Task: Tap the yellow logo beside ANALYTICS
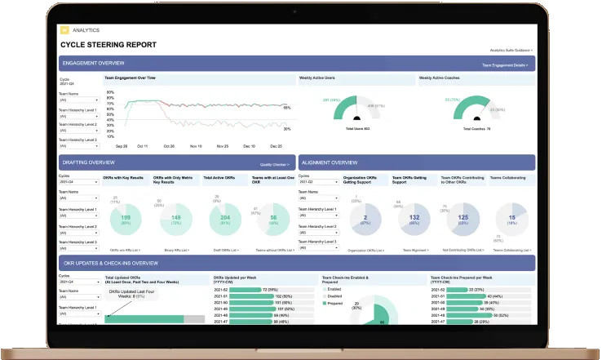click(x=64, y=29)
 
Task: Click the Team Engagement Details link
click(x=505, y=64)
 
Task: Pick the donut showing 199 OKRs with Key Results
click(x=126, y=218)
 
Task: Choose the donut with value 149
click(x=175, y=218)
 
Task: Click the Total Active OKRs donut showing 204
click(x=225, y=218)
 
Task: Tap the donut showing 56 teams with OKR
click(x=273, y=218)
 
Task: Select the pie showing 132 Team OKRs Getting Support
click(x=414, y=218)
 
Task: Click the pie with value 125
click(x=464, y=218)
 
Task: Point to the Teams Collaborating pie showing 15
click(x=512, y=218)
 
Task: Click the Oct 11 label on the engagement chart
click(x=143, y=146)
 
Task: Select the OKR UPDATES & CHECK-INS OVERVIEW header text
click(x=111, y=264)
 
